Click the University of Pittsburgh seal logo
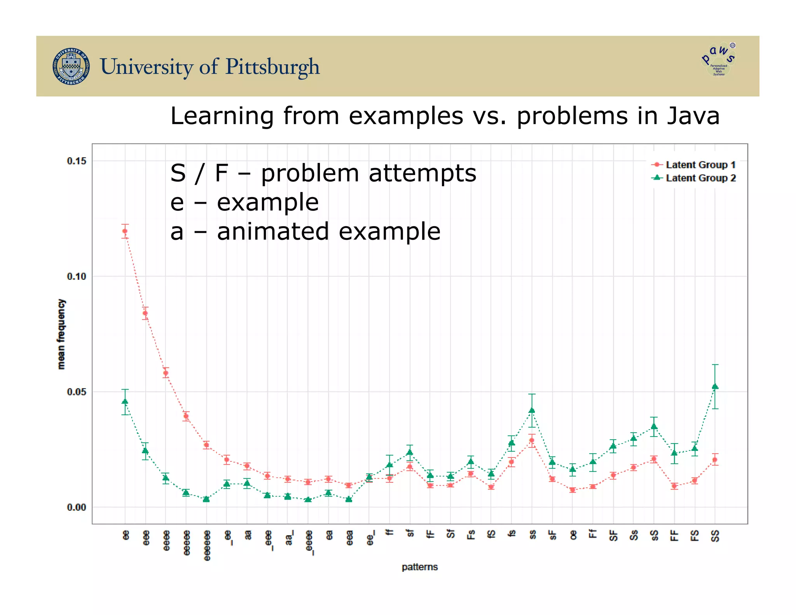coord(71,66)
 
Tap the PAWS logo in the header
coord(719,59)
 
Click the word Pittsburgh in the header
coord(272,66)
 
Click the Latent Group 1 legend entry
coord(693,165)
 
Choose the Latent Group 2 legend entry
coord(693,178)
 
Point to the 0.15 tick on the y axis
coord(77,161)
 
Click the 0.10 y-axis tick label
coord(77,276)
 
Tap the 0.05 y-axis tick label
coord(77,392)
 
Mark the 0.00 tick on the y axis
coord(77,507)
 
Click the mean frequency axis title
coord(61,334)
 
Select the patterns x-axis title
coord(419,567)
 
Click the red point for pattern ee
coord(125,231)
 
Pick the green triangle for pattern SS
coord(715,386)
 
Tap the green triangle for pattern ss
coord(532,410)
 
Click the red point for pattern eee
coord(145,313)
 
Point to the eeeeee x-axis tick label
coord(207,545)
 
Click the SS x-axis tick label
coord(715,536)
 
